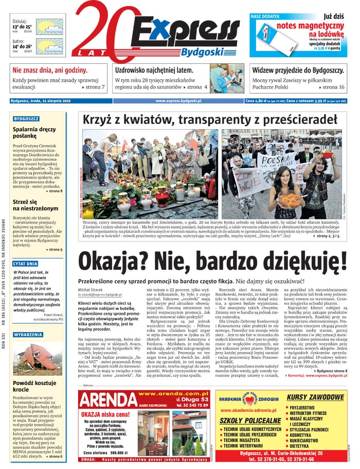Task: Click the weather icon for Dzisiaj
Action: tap(50, 26)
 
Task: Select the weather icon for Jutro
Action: tap(50, 46)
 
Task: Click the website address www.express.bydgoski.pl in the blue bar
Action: tap(178, 101)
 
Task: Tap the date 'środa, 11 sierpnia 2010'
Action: tap(50, 101)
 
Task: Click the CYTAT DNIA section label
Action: tap(26, 264)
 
